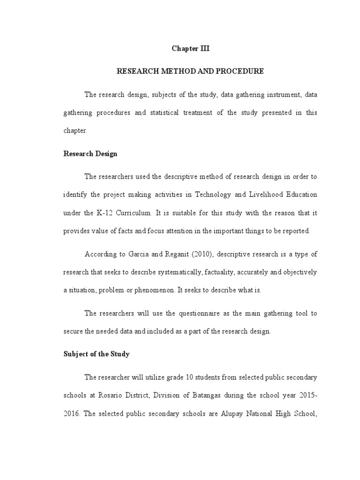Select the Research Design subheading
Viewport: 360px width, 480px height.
(x=90, y=154)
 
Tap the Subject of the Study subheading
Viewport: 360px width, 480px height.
(x=96, y=354)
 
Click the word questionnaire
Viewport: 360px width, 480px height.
(x=186, y=313)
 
